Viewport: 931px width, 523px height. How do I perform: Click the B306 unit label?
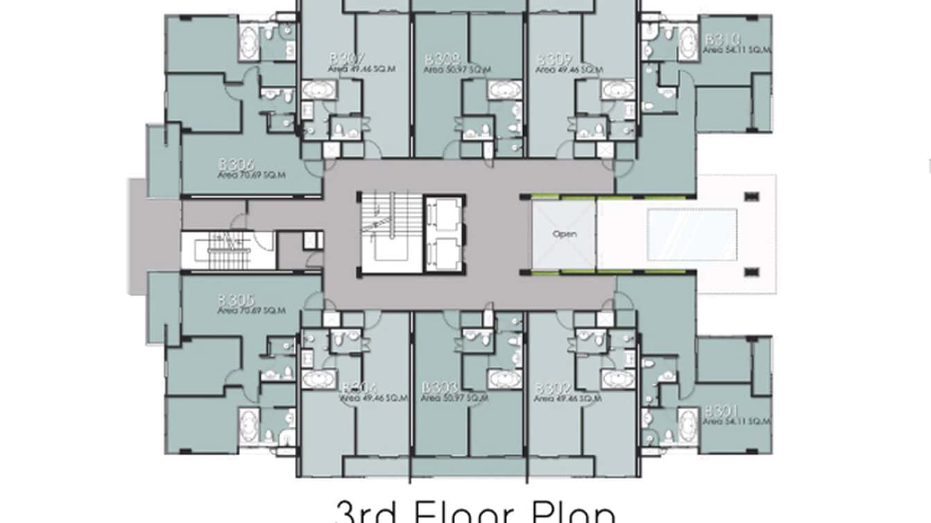237,164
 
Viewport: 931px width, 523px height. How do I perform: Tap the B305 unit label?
236,300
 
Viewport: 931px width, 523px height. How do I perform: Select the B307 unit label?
348,59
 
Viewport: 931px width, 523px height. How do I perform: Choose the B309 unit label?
554,59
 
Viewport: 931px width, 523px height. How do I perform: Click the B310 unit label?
723,40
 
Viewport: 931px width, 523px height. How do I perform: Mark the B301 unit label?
722,411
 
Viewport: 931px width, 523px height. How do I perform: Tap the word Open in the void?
564,234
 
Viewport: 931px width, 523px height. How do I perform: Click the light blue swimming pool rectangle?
692,232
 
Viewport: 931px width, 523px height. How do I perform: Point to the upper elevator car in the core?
444,215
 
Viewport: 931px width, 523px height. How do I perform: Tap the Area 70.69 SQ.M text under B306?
251,175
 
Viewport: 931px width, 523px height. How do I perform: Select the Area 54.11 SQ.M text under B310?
736,50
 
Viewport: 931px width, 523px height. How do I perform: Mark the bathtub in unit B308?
504,90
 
